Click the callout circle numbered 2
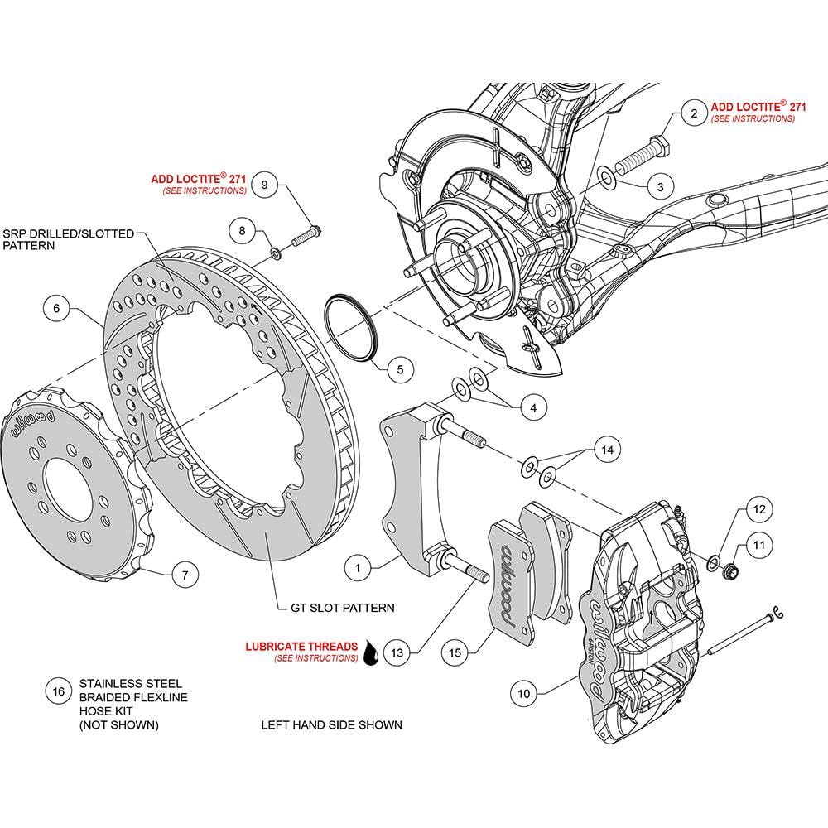(694, 113)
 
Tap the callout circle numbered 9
(265, 185)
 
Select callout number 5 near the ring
(400, 369)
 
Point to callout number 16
(58, 691)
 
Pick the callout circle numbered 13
(397, 652)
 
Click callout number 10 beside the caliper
(523, 693)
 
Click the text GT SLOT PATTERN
(342, 608)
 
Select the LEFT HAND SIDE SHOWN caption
(332, 725)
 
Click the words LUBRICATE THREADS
(301, 647)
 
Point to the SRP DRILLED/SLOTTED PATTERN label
(68, 239)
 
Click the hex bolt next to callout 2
(643, 156)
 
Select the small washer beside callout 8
(276, 253)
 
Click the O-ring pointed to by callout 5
(350, 329)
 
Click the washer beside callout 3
(605, 176)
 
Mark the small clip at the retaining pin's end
(777, 613)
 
